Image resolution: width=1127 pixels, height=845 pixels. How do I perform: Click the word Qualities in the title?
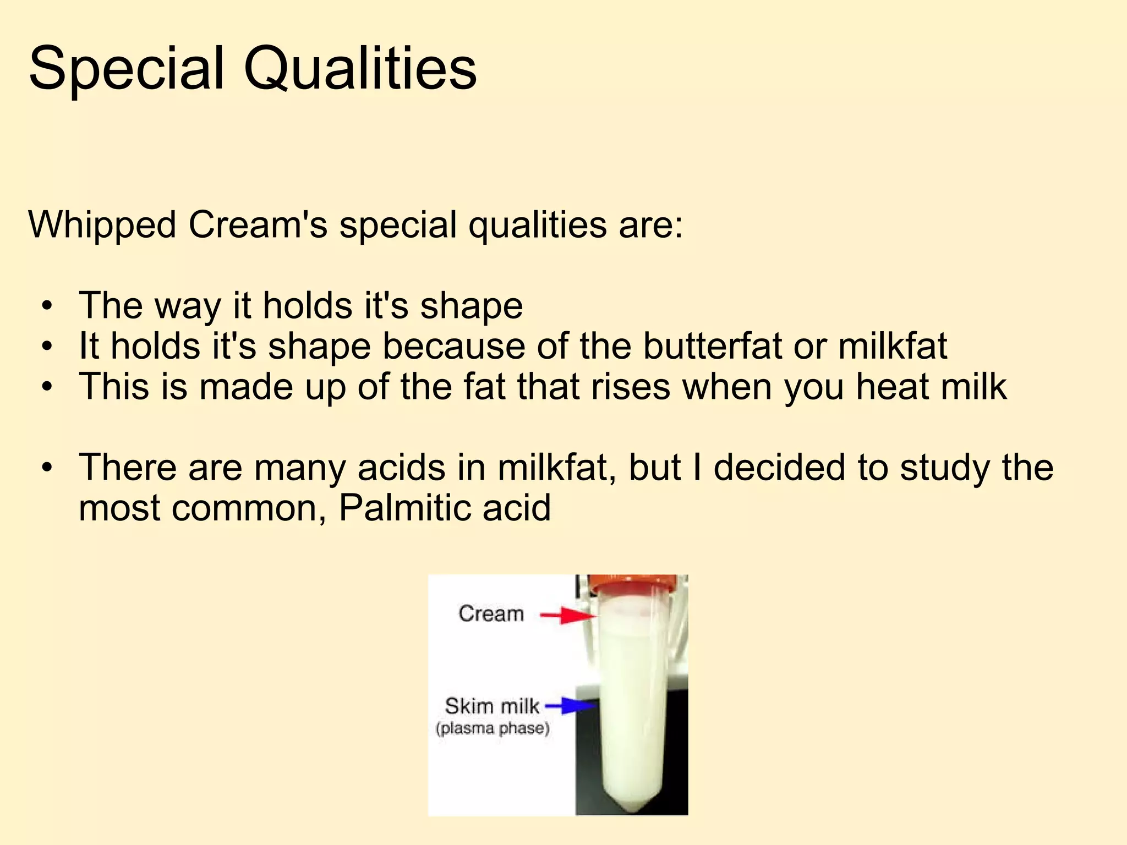tap(360, 69)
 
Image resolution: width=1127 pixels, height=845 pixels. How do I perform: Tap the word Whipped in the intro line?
tap(102, 226)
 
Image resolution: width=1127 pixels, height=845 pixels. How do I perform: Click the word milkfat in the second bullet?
tap(893, 346)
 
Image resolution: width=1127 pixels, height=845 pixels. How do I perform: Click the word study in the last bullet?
tap(945, 467)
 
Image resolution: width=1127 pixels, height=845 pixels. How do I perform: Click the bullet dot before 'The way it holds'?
tap(48, 306)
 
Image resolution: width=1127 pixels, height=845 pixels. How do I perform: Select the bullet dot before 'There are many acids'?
tap(48, 468)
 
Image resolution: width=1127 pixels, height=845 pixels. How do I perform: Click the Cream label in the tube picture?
tap(491, 613)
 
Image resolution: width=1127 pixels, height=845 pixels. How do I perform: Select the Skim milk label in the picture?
tap(492, 706)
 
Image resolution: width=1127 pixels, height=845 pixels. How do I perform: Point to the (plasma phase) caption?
tap(493, 729)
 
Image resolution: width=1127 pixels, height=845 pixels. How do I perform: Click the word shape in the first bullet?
tap(472, 306)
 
